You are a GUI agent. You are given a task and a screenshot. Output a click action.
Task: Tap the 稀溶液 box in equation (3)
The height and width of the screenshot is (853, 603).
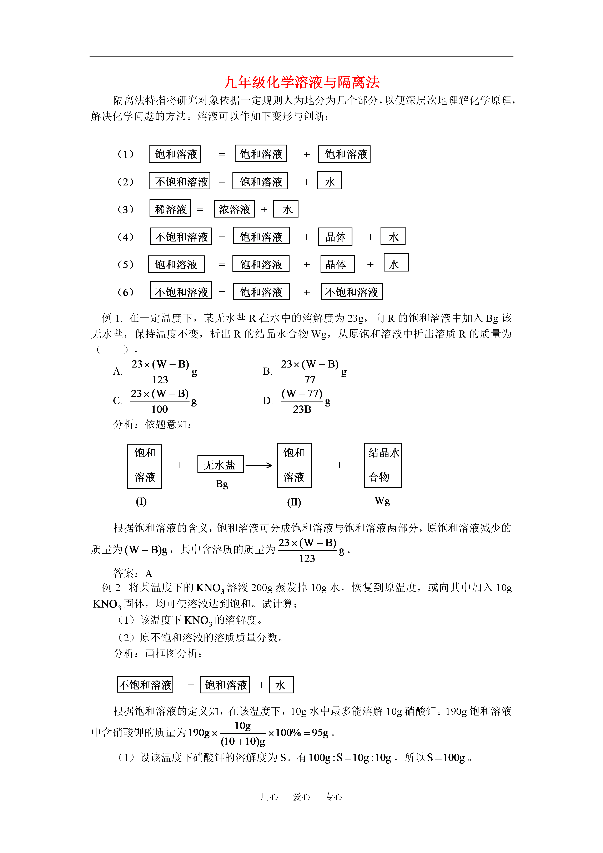(x=170, y=209)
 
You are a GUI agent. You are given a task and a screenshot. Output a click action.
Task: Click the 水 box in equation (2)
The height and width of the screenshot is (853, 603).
(x=329, y=181)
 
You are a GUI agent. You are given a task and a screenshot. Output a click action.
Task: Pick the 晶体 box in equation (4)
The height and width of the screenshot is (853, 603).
(x=335, y=237)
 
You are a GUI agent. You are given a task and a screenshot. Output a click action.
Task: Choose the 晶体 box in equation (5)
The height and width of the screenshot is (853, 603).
(x=337, y=264)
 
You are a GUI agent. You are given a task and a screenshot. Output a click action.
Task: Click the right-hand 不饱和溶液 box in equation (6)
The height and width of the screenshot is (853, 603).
(x=352, y=292)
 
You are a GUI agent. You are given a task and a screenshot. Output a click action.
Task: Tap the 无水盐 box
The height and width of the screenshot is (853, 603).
(x=220, y=464)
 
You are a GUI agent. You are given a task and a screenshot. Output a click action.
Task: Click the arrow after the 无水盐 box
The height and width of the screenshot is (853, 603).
(x=259, y=465)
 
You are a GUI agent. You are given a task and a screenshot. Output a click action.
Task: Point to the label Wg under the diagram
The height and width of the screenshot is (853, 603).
(x=382, y=501)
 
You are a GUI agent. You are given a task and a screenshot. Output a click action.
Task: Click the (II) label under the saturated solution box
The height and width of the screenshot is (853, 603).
(x=294, y=502)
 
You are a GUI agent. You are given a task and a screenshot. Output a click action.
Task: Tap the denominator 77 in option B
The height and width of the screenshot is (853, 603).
(x=310, y=380)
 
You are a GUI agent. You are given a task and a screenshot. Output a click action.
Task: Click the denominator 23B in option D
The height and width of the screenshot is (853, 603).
(x=302, y=409)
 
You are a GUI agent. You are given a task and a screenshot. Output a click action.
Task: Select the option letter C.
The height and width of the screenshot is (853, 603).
(x=117, y=400)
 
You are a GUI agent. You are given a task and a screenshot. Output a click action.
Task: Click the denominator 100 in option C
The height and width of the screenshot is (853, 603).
(x=160, y=409)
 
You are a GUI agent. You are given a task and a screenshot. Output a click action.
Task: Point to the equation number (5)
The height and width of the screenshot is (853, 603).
(x=126, y=265)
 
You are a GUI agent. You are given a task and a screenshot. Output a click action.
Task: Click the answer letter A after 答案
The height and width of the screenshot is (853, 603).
(x=149, y=573)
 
